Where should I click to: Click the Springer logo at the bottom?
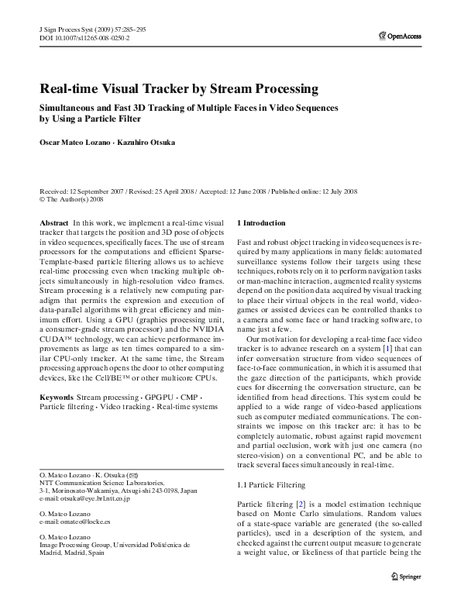(x=406, y=598)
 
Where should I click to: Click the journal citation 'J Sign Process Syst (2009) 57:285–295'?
(x=91, y=29)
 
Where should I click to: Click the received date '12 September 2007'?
(x=98, y=190)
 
